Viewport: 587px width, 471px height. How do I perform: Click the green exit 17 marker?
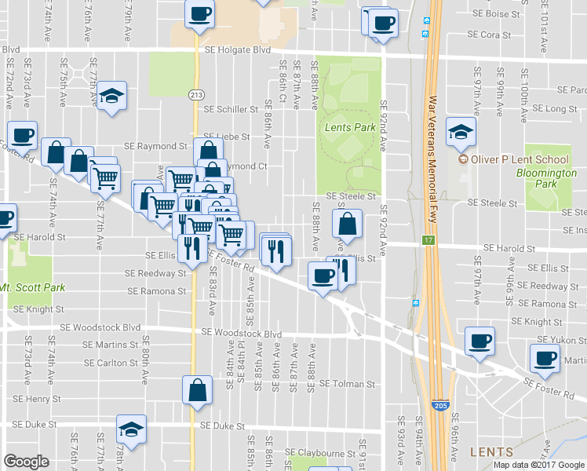coord(428,239)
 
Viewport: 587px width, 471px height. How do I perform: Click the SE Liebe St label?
coord(226,137)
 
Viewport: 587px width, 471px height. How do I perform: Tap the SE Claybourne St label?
coord(320,452)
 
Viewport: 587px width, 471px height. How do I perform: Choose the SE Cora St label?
coord(489,35)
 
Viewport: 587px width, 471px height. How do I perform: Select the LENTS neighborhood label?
coord(491,452)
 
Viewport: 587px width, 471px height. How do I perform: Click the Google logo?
coord(26,462)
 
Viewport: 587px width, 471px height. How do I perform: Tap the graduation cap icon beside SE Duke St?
coord(131,429)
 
